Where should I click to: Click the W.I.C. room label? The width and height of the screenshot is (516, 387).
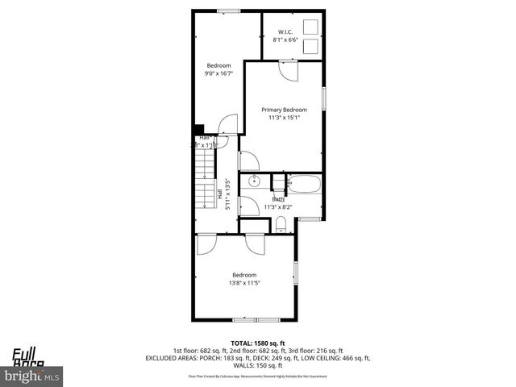point(285,33)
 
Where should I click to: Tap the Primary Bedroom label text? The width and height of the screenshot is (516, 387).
point(284,110)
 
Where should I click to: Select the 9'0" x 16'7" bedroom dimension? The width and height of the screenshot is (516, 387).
point(218,73)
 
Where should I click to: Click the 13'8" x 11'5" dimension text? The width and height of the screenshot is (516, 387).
point(244,282)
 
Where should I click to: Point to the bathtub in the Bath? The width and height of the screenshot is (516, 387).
point(306,184)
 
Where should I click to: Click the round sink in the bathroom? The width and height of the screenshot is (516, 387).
point(253,181)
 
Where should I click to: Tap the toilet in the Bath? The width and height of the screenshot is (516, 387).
point(281,223)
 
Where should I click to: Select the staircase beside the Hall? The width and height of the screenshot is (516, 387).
point(205,181)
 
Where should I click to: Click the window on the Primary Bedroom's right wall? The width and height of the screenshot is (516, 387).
point(323,98)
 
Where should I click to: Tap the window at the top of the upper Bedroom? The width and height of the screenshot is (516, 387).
point(229,10)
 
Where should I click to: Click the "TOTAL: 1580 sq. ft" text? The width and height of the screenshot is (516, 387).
point(257,343)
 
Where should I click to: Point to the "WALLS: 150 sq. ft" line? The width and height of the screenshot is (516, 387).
point(257,365)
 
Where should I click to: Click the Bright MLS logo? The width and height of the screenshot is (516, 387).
point(32,376)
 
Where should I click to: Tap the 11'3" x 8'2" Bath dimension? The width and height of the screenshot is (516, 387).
point(277,207)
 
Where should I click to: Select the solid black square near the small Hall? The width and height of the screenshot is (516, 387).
point(198,127)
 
